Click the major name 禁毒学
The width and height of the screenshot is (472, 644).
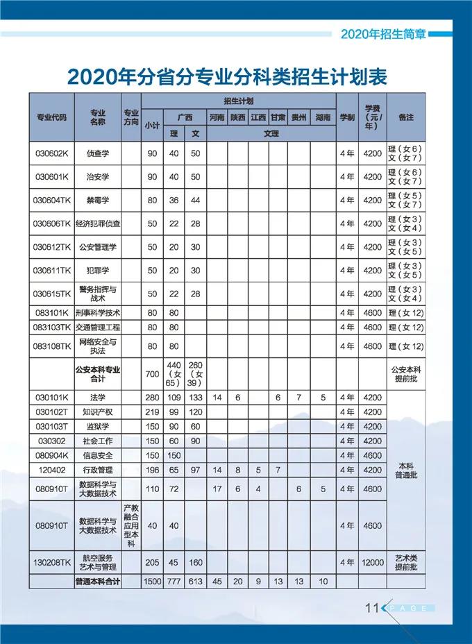click(x=97, y=200)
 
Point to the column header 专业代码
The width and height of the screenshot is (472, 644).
click(x=52, y=117)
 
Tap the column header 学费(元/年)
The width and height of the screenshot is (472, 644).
click(x=372, y=117)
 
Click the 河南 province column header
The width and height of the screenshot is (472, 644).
click(x=217, y=117)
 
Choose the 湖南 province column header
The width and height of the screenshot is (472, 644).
click(x=323, y=117)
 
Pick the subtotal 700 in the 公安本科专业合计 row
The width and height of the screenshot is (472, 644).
click(x=152, y=375)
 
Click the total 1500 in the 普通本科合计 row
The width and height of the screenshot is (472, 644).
click(x=152, y=582)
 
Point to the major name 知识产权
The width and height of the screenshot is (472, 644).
click(x=97, y=412)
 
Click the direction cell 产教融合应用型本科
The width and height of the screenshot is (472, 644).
click(x=130, y=526)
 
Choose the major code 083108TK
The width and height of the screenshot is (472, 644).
click(x=52, y=346)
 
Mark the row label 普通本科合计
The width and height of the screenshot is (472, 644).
click(x=97, y=582)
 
